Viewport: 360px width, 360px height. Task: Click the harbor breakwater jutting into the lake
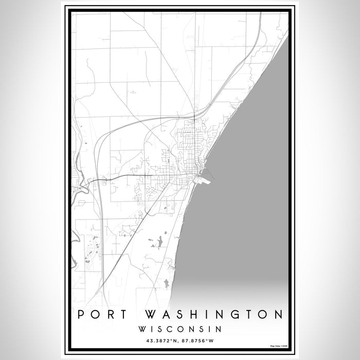click(208, 179)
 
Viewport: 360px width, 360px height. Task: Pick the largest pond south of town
click(160, 240)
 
